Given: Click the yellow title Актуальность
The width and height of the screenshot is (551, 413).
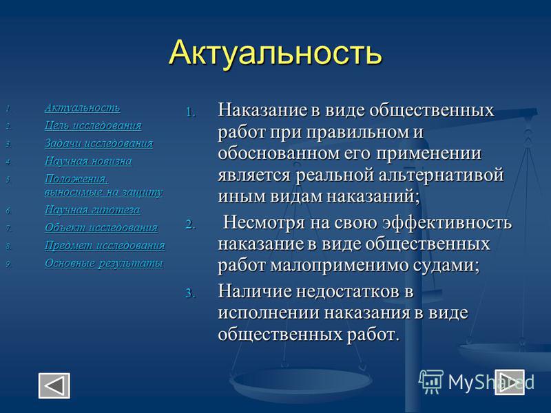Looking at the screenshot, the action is (x=275, y=53).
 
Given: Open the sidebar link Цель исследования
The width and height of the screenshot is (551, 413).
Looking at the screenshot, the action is (x=93, y=125).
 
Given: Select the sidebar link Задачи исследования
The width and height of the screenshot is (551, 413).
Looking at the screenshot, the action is (x=98, y=143).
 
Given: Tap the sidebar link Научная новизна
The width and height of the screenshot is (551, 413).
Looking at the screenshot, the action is (x=88, y=161).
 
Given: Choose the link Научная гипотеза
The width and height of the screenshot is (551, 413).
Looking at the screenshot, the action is (x=92, y=210).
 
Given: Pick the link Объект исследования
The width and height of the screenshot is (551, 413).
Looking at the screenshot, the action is (x=101, y=228).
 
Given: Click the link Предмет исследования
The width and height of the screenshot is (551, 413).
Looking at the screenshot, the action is (x=105, y=245).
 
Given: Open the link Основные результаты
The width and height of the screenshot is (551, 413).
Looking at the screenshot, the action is (x=104, y=263).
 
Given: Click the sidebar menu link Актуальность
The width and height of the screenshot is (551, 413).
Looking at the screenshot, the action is (x=82, y=108).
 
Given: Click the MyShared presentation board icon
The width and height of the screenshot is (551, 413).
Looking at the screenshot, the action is (x=431, y=381).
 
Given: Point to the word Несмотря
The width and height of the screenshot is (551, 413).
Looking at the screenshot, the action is (x=264, y=222).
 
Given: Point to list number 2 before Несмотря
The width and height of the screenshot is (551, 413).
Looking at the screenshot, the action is (x=190, y=224).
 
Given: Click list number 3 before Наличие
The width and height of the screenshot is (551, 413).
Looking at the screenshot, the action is (x=190, y=293).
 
